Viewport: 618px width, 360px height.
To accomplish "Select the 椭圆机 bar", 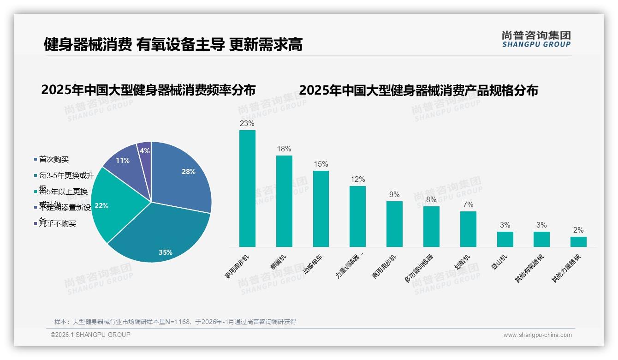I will coord(284,201).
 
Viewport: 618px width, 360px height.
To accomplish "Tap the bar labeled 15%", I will coord(321,209).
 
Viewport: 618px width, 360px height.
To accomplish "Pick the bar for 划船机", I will coord(468,229).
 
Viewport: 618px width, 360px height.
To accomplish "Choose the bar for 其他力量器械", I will coord(578,242).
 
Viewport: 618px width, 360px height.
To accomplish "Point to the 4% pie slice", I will coord(144,150).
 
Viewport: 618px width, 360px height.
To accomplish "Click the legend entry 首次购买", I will coord(53,160).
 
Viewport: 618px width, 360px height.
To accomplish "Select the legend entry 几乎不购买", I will coord(57,224).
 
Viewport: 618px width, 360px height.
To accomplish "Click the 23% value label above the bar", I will coord(247,124).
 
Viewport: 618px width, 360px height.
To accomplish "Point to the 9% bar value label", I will coord(394,195).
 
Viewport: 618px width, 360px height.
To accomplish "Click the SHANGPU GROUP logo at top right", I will coord(536,39).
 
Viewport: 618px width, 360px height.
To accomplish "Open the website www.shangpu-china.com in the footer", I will coord(537,335).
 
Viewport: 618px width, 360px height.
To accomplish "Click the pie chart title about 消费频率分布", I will coord(148,90).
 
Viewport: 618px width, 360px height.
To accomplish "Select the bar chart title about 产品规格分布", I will coord(418,90).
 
